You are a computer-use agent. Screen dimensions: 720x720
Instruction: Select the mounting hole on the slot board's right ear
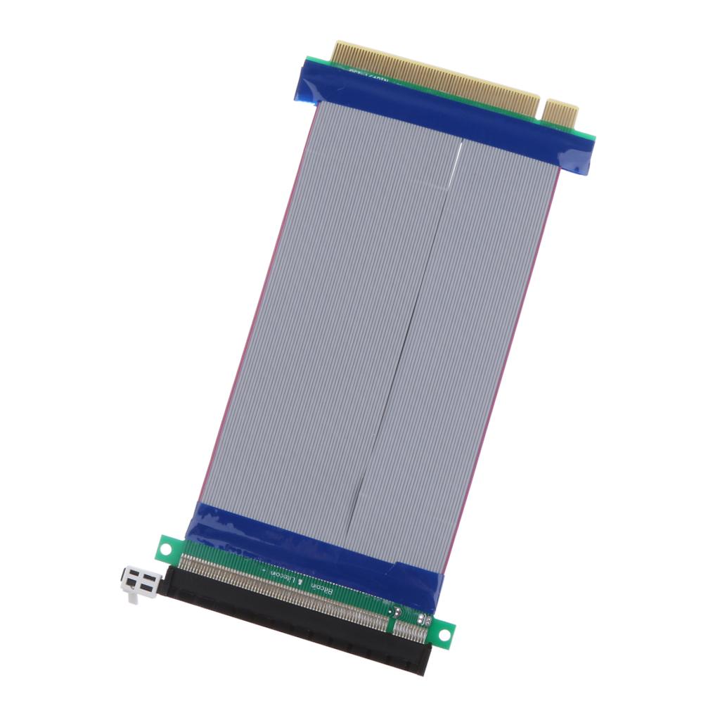pyautogui.click(x=444, y=635)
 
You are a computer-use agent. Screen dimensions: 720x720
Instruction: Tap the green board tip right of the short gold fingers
pyautogui.click(x=588, y=135)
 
